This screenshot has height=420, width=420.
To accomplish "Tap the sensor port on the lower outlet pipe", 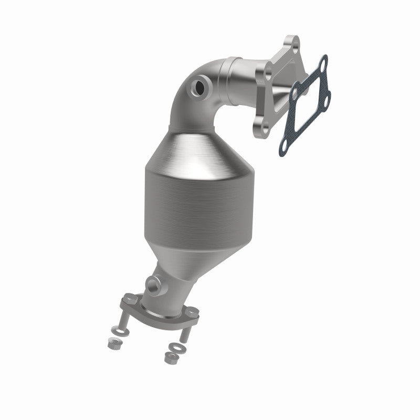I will [x=153, y=286].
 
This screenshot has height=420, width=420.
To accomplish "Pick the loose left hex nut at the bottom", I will [x=112, y=344].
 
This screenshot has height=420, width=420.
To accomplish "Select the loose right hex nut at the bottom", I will [x=169, y=359].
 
